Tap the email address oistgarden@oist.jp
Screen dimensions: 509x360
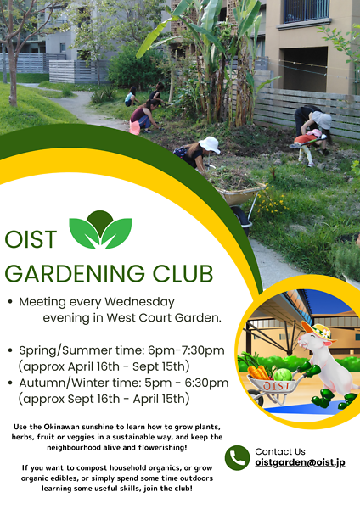pyautogui.click(x=300, y=463)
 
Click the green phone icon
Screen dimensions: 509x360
pyautogui.click(x=237, y=458)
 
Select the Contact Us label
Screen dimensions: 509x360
pyautogui.click(x=281, y=451)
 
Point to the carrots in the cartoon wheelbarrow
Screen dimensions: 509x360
pyautogui.click(x=260, y=371)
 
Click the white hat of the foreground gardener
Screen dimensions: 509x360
pyautogui.click(x=209, y=144)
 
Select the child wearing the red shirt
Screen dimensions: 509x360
pyautogui.click(x=306, y=142)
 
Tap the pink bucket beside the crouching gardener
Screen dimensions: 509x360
pyautogui.click(x=134, y=126)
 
